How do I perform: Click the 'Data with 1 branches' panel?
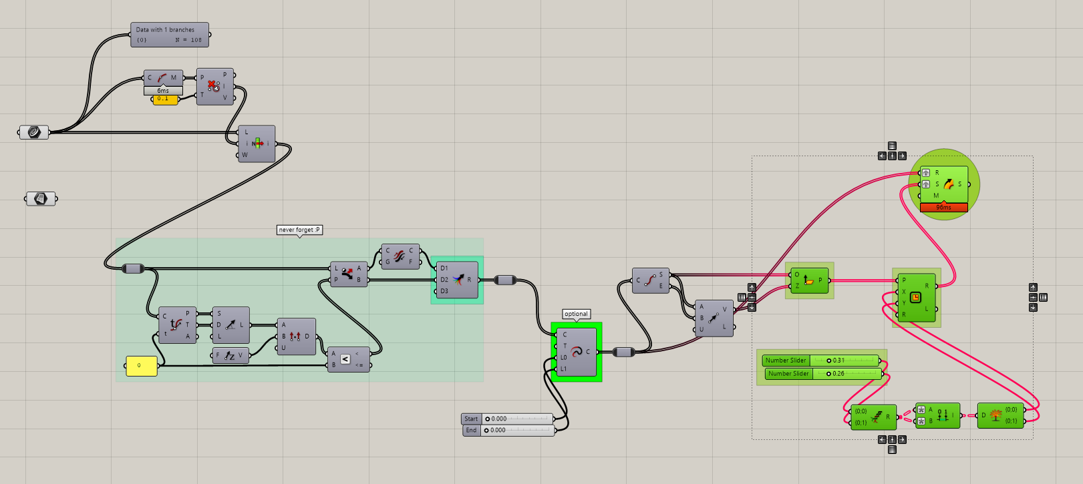(170, 35)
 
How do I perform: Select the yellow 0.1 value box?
(165, 99)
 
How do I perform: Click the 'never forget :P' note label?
(299, 230)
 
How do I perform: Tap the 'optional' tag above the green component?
(576, 314)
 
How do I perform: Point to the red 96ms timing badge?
(943, 208)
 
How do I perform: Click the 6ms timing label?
(163, 91)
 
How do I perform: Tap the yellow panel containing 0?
(142, 366)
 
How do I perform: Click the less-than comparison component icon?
(345, 359)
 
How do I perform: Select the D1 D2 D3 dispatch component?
(457, 280)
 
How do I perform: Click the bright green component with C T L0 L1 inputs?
(576, 352)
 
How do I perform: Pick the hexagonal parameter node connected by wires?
(34, 132)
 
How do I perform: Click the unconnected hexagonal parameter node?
(41, 198)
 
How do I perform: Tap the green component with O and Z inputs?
(809, 280)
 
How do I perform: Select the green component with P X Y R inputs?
(916, 298)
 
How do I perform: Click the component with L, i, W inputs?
(257, 144)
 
